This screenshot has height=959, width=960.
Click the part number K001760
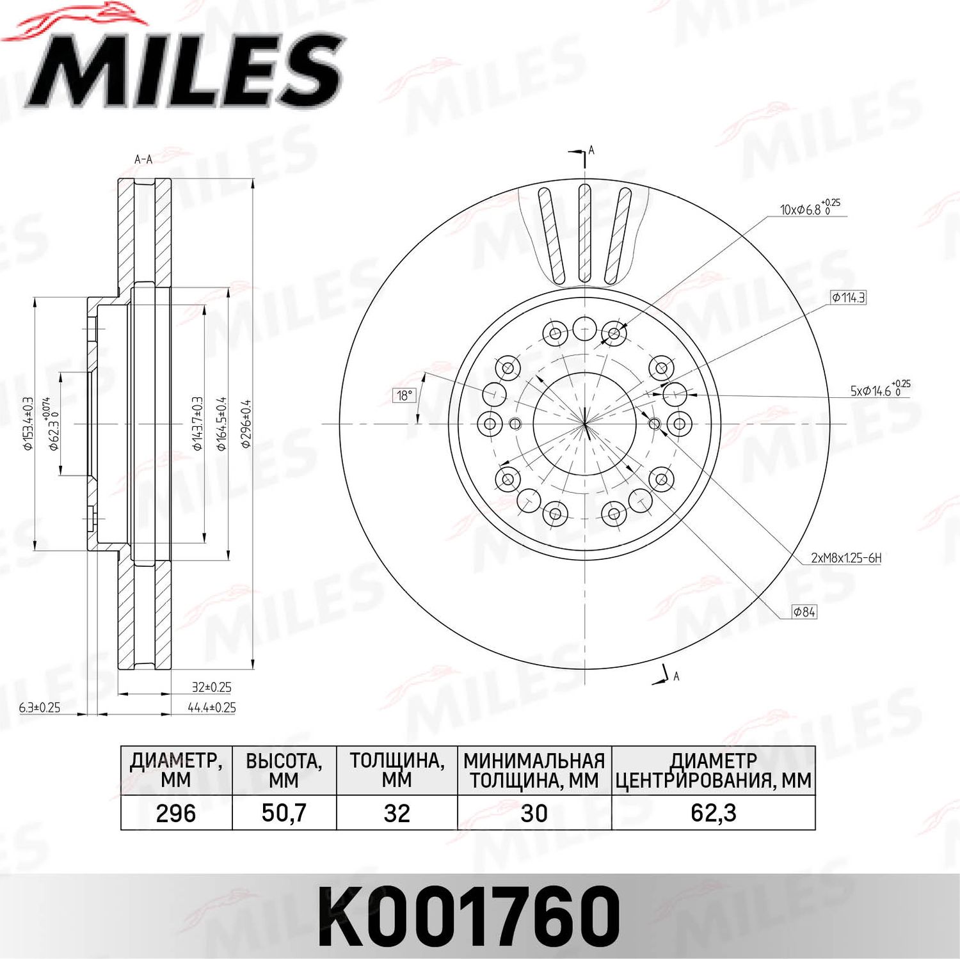(x=469, y=916)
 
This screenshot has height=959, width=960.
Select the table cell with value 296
(x=176, y=813)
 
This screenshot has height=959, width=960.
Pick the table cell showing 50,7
(x=284, y=813)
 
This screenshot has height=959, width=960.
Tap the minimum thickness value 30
(x=534, y=813)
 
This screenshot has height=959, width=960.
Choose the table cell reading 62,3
(x=713, y=813)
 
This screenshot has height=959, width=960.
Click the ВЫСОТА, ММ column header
(x=284, y=771)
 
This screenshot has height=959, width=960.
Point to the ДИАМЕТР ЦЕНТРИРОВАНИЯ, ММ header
(x=713, y=771)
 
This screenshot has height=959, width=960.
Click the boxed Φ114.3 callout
(x=848, y=297)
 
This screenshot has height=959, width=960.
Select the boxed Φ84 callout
(x=804, y=612)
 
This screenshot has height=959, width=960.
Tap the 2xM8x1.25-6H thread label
(x=846, y=558)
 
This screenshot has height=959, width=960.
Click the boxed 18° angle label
(x=404, y=395)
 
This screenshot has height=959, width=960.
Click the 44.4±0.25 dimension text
(x=212, y=708)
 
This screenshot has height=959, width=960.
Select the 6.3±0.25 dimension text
(x=40, y=708)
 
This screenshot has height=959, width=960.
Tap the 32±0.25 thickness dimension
(x=212, y=687)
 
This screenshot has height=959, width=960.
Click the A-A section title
(x=143, y=159)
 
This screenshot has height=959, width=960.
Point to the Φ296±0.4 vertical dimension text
(x=246, y=424)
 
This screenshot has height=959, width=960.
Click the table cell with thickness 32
(x=397, y=813)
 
